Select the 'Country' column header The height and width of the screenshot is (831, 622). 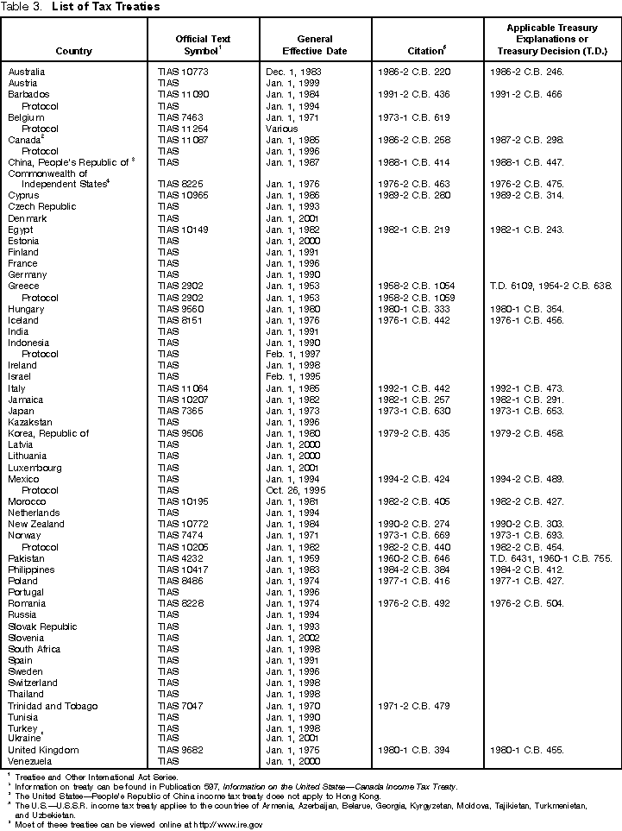pyautogui.click(x=72, y=51)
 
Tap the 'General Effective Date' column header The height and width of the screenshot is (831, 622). pyautogui.click(x=315, y=45)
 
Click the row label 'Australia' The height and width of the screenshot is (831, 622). pyautogui.click(x=27, y=71)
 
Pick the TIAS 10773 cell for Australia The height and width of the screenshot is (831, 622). pyautogui.click(x=184, y=71)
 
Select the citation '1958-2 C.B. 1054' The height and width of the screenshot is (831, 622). pyautogui.click(x=417, y=286)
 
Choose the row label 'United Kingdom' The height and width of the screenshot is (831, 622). pyautogui.click(x=43, y=750)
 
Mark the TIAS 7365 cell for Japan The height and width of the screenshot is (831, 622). pyautogui.click(x=180, y=410)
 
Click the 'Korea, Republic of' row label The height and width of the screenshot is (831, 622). pyautogui.click(x=48, y=433)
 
